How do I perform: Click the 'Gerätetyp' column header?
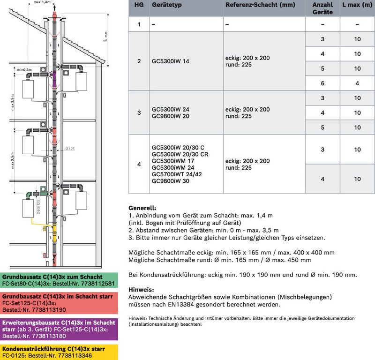[x=167, y=5]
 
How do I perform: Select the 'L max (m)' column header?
[x=357, y=5]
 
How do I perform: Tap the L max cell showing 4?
[x=357, y=83]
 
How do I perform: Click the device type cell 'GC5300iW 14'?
[x=171, y=61]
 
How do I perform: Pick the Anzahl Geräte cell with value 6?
[x=322, y=83]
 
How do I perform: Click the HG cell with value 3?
[x=139, y=112]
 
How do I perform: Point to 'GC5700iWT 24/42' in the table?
[x=177, y=174]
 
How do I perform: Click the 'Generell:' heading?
[x=142, y=208]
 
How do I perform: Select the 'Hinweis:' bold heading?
[x=142, y=289]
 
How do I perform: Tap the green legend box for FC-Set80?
[x=59, y=280]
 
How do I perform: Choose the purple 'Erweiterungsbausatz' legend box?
[x=59, y=329]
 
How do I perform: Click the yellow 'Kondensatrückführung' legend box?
[x=59, y=352]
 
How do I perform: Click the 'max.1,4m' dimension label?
[x=42, y=2]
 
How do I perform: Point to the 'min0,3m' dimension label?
[x=24, y=69]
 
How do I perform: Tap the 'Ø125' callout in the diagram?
[x=70, y=149]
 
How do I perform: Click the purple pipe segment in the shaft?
[x=54, y=79]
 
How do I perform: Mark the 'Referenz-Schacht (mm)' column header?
[x=260, y=5]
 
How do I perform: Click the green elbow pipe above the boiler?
[x=29, y=195]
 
